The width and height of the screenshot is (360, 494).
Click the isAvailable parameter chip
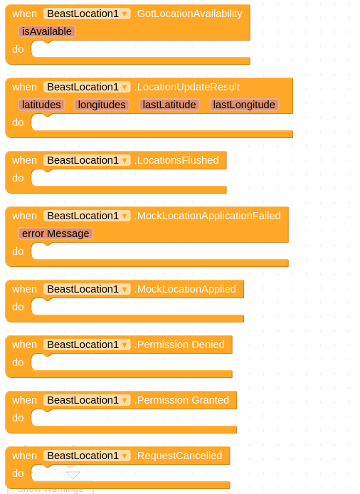[x=47, y=31]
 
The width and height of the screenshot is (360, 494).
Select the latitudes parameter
[x=41, y=105]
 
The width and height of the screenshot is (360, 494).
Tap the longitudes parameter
[x=102, y=105]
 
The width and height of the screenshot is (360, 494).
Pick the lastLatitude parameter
[x=169, y=105]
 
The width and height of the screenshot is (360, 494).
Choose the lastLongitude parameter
[x=244, y=105]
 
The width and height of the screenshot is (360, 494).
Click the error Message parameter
[x=55, y=233]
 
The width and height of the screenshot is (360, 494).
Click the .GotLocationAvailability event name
[x=189, y=14]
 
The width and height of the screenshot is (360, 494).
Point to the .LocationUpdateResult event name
[x=187, y=87]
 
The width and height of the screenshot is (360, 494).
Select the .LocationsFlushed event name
[x=176, y=160]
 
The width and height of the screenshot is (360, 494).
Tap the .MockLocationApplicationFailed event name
[x=208, y=216]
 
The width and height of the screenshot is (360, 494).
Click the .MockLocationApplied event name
[x=185, y=289]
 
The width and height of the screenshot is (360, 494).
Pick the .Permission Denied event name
[x=179, y=345]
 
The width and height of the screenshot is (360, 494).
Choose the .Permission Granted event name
[x=181, y=400]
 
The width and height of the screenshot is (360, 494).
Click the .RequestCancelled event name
[x=179, y=456]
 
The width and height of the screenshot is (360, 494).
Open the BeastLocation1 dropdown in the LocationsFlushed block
[x=87, y=160]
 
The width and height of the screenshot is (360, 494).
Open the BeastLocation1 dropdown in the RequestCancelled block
[x=87, y=456]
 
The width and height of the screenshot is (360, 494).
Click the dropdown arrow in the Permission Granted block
[x=125, y=401]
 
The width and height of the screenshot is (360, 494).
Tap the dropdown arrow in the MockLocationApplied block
[x=125, y=290]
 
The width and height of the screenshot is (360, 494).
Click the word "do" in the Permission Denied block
[x=18, y=362]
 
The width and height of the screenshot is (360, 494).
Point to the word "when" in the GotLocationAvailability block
[x=25, y=14]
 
